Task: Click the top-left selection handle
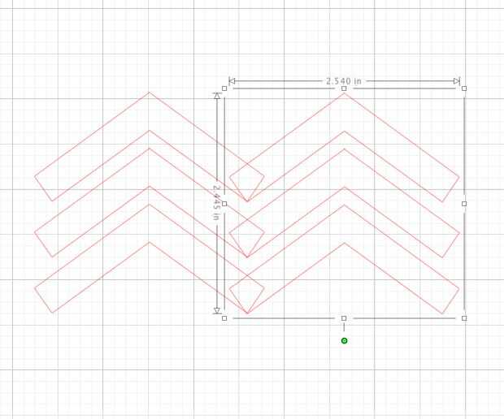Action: point(224,89)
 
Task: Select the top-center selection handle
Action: point(344,89)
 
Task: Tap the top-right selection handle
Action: point(464,89)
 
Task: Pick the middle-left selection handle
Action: point(224,204)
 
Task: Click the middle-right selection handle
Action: point(464,204)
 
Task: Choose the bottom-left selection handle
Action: point(224,318)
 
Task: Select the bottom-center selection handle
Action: point(344,318)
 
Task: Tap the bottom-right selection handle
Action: point(464,318)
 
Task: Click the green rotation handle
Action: point(344,340)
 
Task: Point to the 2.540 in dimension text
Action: point(343,81)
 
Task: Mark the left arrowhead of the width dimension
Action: point(232,81)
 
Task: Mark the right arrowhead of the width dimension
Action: point(456,81)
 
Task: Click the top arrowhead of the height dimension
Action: point(216,96)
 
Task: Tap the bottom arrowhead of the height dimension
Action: point(216,310)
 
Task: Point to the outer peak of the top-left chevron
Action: point(149,93)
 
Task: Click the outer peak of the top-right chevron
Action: point(344,93)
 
